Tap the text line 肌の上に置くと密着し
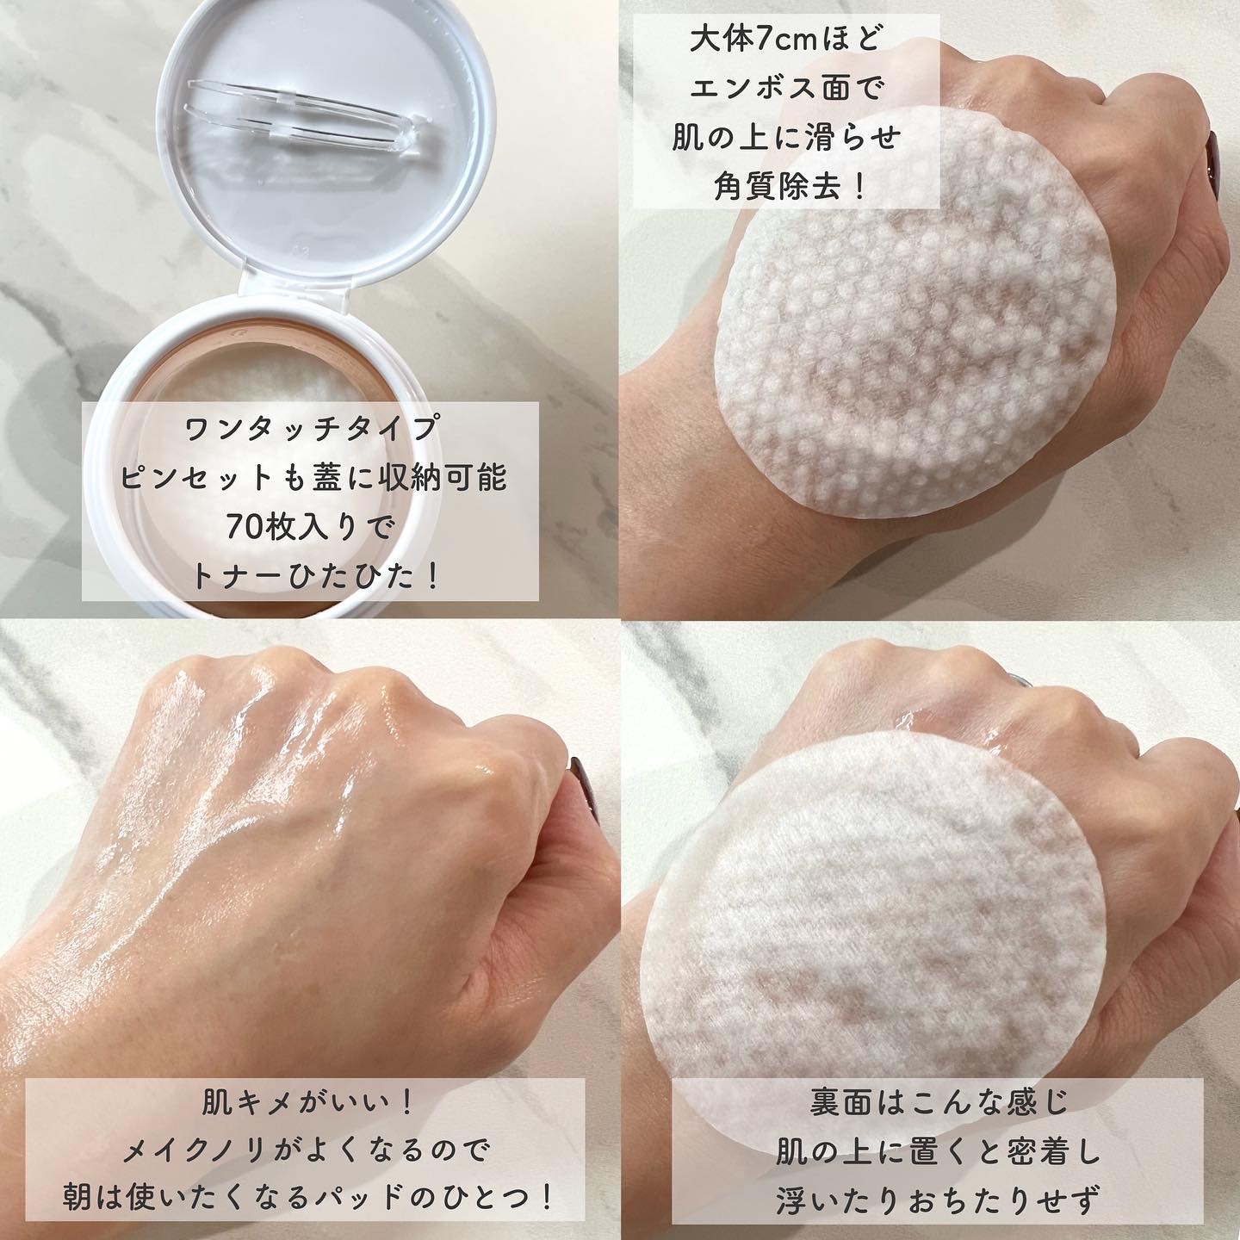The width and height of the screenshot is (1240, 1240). pos(939,1151)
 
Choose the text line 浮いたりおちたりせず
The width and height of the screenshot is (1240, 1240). pos(939,1200)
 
